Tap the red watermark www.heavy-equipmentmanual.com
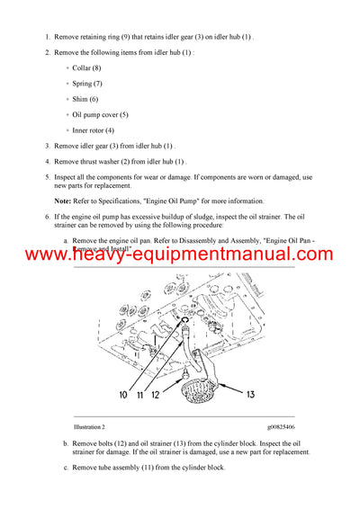tap(180, 255)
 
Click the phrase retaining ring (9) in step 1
tap(108, 37)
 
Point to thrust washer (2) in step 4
tap(109, 161)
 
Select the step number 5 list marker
tap(47, 176)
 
